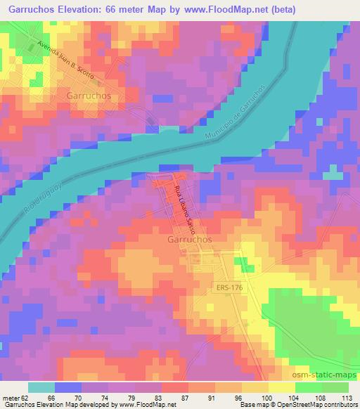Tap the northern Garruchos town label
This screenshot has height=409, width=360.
[x=92, y=94]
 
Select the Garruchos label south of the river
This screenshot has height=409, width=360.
[x=191, y=239]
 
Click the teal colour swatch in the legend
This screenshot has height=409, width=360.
[x=41, y=387]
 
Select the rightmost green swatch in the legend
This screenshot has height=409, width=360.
[x=345, y=387]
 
